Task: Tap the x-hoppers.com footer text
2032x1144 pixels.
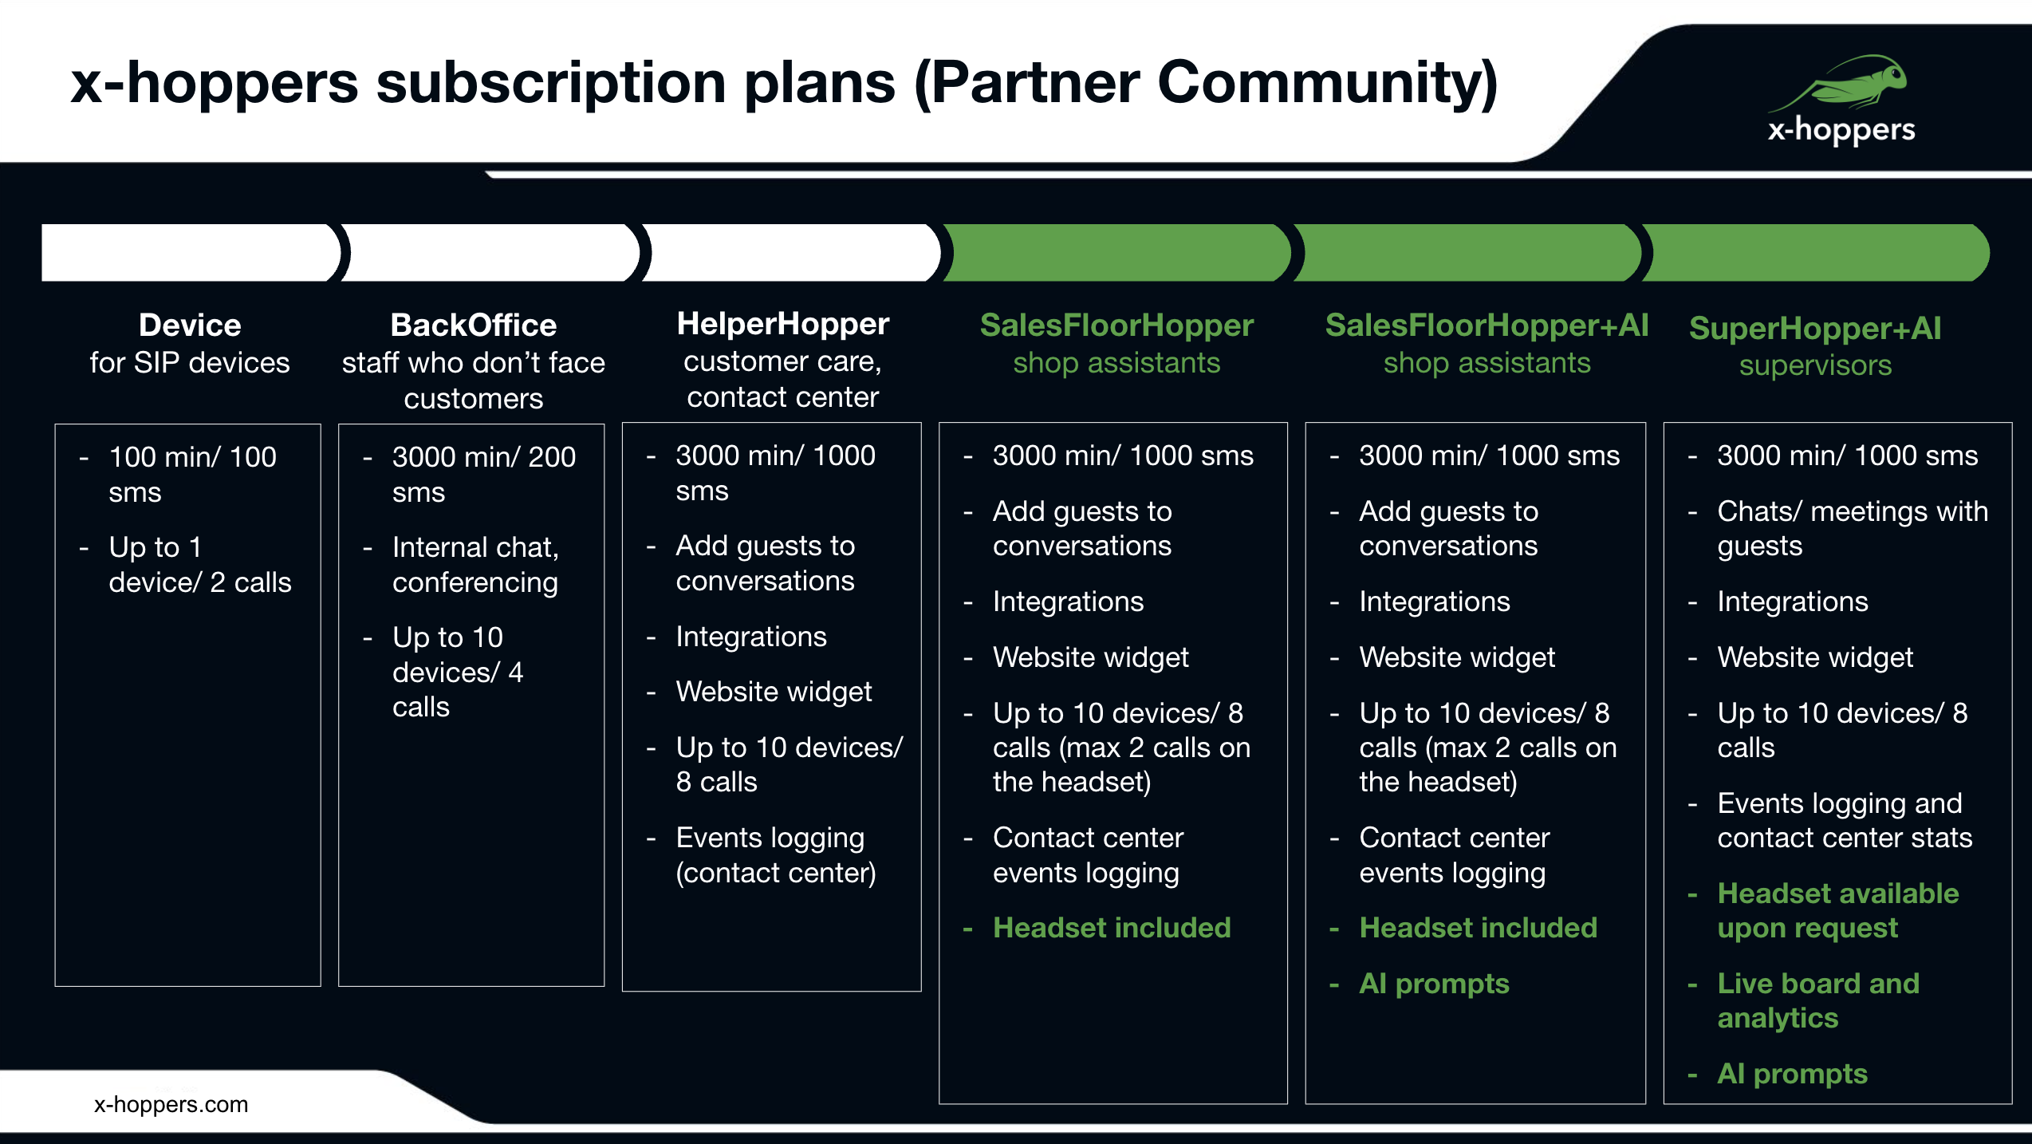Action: click(x=171, y=1104)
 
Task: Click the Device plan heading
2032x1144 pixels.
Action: click(x=190, y=325)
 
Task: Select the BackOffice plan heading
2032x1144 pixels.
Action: click(x=474, y=325)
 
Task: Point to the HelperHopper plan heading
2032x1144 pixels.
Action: click(x=782, y=324)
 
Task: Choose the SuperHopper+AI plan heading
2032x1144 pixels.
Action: click(x=1815, y=329)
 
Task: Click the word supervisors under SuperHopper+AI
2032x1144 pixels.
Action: click(x=1815, y=365)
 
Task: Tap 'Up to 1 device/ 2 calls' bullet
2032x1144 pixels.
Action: click(x=199, y=565)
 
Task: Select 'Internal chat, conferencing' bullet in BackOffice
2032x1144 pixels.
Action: click(x=475, y=565)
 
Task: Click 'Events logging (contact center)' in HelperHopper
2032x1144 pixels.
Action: click(x=775, y=855)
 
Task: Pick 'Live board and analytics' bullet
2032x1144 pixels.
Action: click(x=1818, y=1000)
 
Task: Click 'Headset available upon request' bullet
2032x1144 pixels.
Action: click(x=1837, y=910)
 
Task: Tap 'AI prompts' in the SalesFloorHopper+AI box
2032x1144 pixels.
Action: click(x=1434, y=984)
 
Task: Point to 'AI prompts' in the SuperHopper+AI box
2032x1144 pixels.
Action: click(x=1792, y=1074)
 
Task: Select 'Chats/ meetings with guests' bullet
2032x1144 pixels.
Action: click(x=1852, y=528)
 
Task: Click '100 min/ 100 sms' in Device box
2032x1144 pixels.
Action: click(x=192, y=475)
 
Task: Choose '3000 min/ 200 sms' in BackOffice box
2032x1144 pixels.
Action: click(x=483, y=475)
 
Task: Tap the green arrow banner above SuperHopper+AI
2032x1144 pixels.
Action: click(x=1815, y=253)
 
